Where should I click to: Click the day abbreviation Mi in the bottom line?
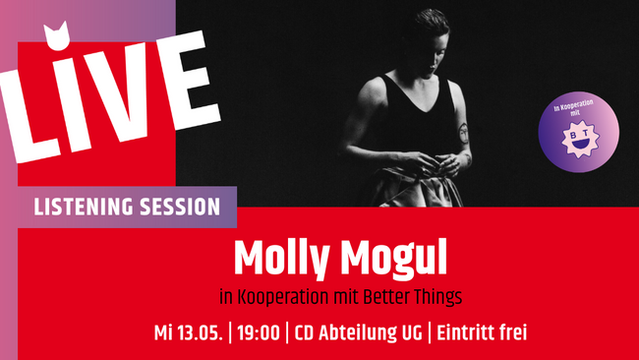[163, 331]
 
